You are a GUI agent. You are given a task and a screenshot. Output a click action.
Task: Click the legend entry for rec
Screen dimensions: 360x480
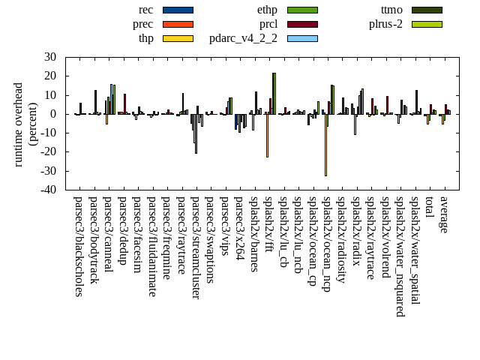[178, 10]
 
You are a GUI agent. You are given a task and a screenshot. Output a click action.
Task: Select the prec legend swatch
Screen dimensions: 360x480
[178, 24]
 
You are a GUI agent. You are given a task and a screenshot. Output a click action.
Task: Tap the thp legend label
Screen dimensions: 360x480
[146, 38]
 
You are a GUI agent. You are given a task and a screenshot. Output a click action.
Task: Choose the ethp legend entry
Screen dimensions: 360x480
[301, 10]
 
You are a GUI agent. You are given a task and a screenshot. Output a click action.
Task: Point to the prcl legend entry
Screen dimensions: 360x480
[301, 24]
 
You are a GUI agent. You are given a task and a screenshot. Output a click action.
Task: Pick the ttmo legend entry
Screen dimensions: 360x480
[426, 10]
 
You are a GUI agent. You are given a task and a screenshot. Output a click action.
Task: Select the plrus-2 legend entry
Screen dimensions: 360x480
[426, 24]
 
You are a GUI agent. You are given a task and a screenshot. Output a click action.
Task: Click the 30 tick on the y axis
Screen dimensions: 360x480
[51, 57]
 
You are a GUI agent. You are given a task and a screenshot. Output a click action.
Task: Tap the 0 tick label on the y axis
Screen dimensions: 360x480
[54, 114]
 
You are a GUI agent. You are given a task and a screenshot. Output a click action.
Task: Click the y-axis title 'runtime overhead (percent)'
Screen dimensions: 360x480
[25, 124]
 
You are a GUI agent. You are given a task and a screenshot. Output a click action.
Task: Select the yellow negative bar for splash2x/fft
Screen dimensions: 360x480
[267, 136]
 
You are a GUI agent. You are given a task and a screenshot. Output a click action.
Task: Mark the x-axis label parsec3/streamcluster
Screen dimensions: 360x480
[196, 247]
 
